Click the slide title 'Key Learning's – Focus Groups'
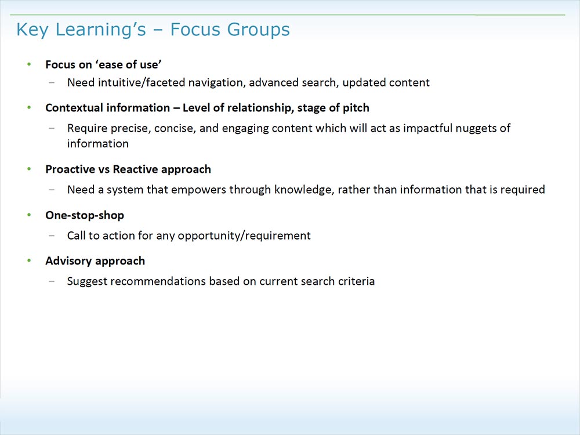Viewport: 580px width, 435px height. pos(153,30)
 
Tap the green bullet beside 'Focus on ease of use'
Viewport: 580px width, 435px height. pos(30,64)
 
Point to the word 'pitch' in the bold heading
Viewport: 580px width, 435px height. pos(356,108)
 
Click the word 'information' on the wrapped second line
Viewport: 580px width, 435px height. pos(97,143)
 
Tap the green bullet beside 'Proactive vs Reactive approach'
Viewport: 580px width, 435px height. pos(30,169)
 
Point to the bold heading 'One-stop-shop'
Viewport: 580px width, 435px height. pos(85,215)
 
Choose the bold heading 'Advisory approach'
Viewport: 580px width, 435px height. pos(95,261)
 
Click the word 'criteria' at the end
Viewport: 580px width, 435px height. pos(357,281)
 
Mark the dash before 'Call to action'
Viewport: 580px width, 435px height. pos(53,235)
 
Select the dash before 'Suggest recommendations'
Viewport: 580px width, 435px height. pos(53,281)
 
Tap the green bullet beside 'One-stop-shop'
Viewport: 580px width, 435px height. pos(30,215)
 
